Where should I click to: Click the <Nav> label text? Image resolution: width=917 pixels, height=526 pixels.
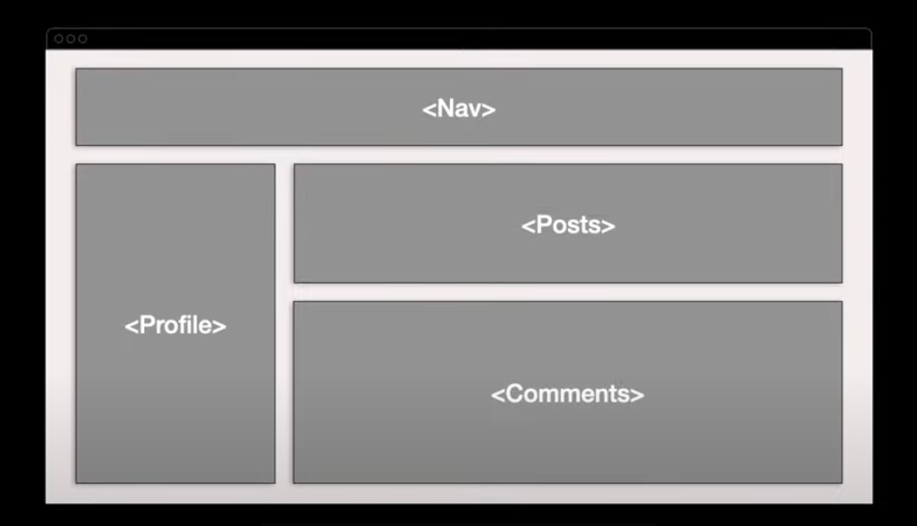[x=458, y=109]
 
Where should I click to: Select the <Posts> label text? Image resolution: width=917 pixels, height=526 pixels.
[x=568, y=226]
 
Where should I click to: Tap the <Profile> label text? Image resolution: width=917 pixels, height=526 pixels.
[x=175, y=326]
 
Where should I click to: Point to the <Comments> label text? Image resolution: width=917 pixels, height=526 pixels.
[x=568, y=394]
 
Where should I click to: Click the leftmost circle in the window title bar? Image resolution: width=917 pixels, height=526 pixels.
[x=59, y=39]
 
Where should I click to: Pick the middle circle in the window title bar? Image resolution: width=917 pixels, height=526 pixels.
[x=70, y=39]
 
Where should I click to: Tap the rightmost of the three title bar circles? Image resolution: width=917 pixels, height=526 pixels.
[x=82, y=39]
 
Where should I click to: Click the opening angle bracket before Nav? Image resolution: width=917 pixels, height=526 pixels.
[x=428, y=110]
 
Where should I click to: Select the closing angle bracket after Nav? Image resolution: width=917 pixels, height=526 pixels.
[x=488, y=110]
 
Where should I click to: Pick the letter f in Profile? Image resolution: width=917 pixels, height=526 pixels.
[x=186, y=324]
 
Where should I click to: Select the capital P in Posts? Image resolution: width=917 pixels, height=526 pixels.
[x=543, y=225]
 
